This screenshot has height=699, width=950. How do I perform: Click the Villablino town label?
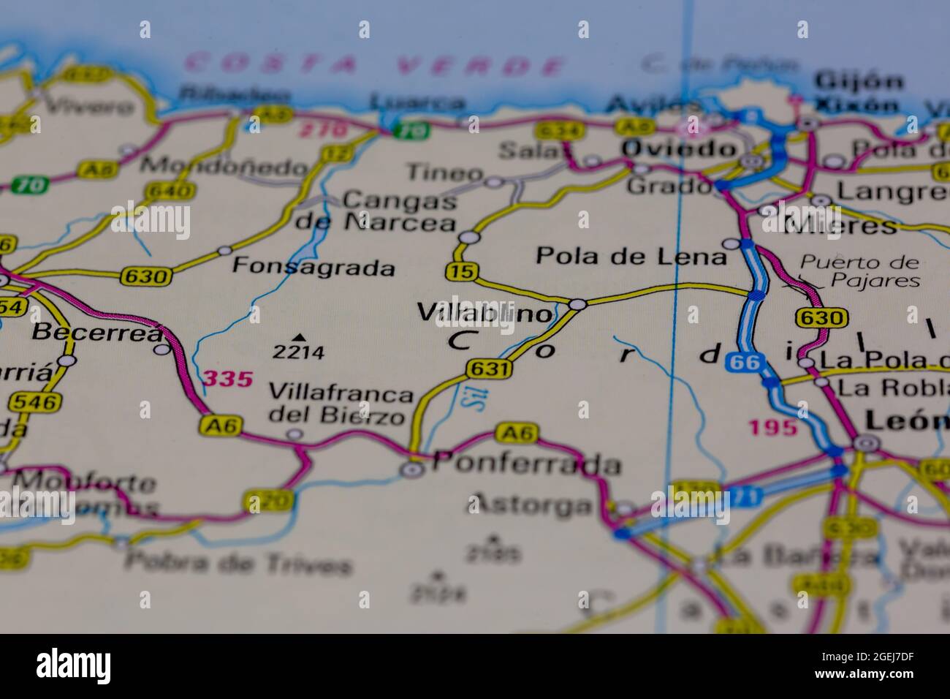pos(485,314)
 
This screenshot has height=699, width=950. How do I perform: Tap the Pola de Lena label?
pos(631,257)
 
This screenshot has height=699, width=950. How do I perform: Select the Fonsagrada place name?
pos(313,267)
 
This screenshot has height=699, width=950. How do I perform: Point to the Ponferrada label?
pos(526,464)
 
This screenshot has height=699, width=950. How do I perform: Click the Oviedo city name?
pos(679,149)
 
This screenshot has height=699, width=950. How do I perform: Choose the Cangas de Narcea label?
pos(376,211)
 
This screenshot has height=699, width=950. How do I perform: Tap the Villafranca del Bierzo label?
pos(340,404)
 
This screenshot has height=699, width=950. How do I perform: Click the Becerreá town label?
pos(98,333)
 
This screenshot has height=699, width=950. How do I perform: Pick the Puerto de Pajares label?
pos(859,271)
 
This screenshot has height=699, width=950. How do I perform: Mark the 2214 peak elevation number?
pos(298,352)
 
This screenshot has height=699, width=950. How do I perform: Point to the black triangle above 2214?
pos(298,337)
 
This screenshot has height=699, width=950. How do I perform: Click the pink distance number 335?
pos(228,379)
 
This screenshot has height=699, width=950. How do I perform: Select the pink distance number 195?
pos(772,427)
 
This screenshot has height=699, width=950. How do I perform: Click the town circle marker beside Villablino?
pos(577,304)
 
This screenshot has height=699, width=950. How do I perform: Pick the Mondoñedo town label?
pos(224,166)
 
